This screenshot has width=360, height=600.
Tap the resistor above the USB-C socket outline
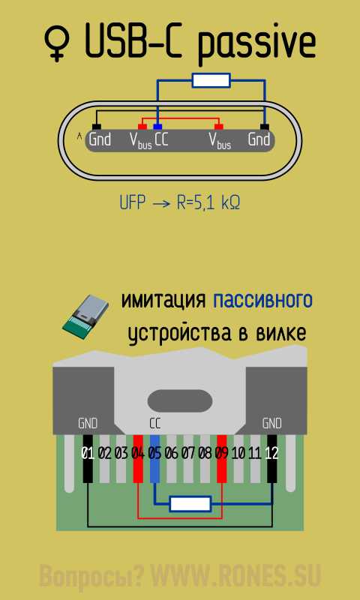[211, 81]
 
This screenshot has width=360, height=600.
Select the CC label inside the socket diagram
[161, 139]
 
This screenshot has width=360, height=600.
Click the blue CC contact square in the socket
[157, 127]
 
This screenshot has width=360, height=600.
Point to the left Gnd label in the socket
[100, 139]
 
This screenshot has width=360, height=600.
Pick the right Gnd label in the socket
[259, 139]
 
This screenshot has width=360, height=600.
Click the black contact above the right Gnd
[264, 127]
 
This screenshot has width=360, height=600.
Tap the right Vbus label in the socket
[220, 141]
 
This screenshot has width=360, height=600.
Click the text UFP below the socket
[133, 203]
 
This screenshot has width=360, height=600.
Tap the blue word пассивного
[262, 301]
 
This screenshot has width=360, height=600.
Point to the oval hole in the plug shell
[180, 400]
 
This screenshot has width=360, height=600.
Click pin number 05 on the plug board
[154, 454]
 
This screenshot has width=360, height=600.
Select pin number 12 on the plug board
[271, 454]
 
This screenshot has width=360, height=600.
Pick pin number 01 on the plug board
[88, 454]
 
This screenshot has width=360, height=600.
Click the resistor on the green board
[190, 504]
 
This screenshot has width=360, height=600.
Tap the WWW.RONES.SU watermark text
[236, 575]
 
